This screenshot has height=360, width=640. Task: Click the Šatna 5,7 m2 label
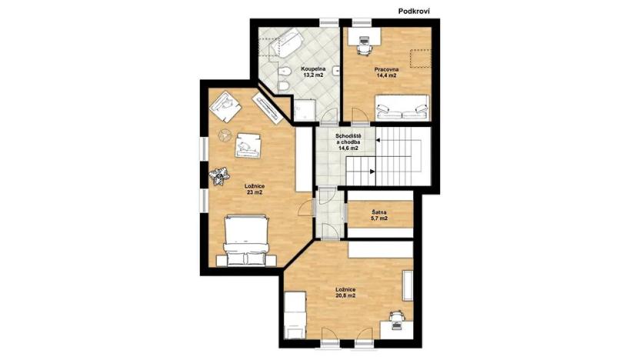[x=379, y=215]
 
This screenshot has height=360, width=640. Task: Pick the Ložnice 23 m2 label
[x=255, y=189]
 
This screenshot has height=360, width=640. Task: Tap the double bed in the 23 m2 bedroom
[x=245, y=238]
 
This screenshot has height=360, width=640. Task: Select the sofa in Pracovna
[x=402, y=108]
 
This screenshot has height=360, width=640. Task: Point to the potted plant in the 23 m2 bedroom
[x=219, y=177]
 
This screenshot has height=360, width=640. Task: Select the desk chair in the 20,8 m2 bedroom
[x=395, y=316]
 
